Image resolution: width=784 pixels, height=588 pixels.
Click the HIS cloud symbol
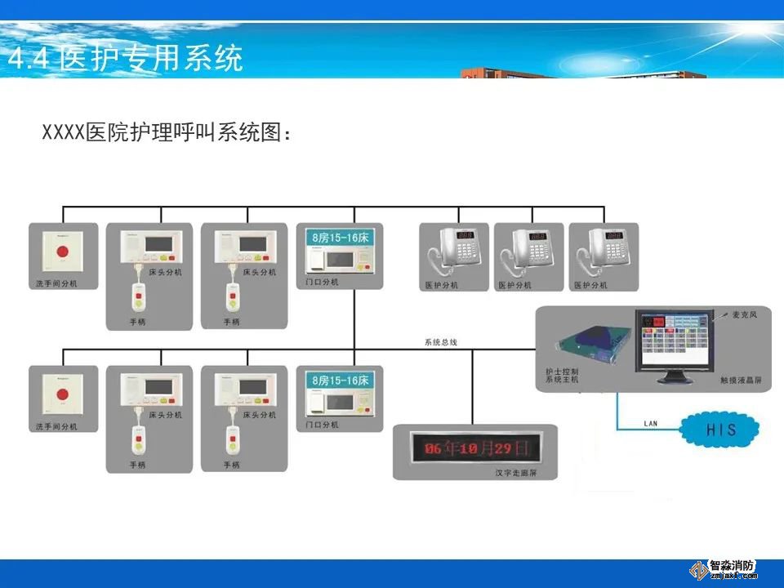click(x=721, y=429)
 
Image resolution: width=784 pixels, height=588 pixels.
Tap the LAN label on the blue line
click(x=651, y=423)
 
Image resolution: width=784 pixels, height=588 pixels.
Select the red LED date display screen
click(x=473, y=448)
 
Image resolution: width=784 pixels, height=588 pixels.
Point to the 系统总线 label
click(x=441, y=342)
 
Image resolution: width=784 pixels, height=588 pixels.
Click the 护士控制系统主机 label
click(x=562, y=375)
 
